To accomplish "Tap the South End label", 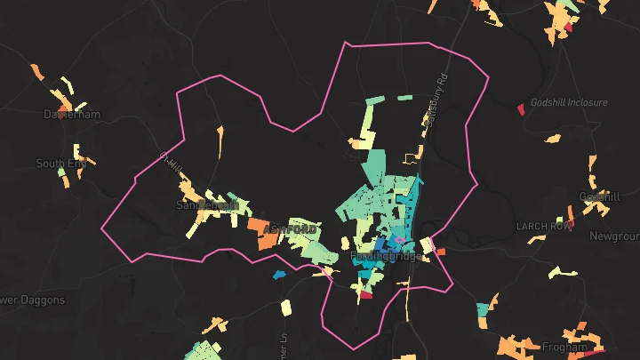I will tap(61, 164).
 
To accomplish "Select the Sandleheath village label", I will tap(208, 204).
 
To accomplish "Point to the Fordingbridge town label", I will tap(387, 256).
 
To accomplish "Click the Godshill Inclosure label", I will tap(569, 103).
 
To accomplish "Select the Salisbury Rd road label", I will tap(435, 108).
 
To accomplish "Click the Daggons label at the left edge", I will tap(32, 300).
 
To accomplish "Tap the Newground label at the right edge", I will tap(614, 236).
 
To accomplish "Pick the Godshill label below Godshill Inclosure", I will tap(599, 196).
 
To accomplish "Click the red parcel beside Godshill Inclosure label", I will tap(521, 109).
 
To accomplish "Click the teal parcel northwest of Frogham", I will tap(484, 309).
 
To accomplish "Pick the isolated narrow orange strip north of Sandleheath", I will tap(220, 140).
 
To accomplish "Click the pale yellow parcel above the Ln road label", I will tap(286, 308).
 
